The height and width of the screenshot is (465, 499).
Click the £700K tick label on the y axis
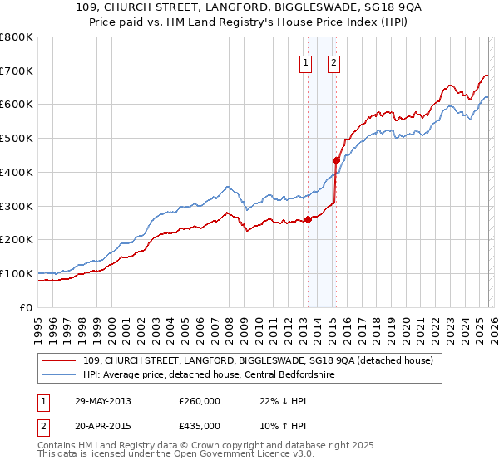click(x=16, y=71)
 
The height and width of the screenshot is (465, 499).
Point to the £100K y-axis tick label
click(x=16, y=273)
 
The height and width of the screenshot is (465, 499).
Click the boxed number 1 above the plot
click(x=305, y=62)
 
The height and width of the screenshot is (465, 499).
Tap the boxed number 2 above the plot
click(x=333, y=62)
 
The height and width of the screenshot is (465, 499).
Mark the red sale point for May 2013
click(x=308, y=219)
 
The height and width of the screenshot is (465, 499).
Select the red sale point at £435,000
click(x=336, y=160)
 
